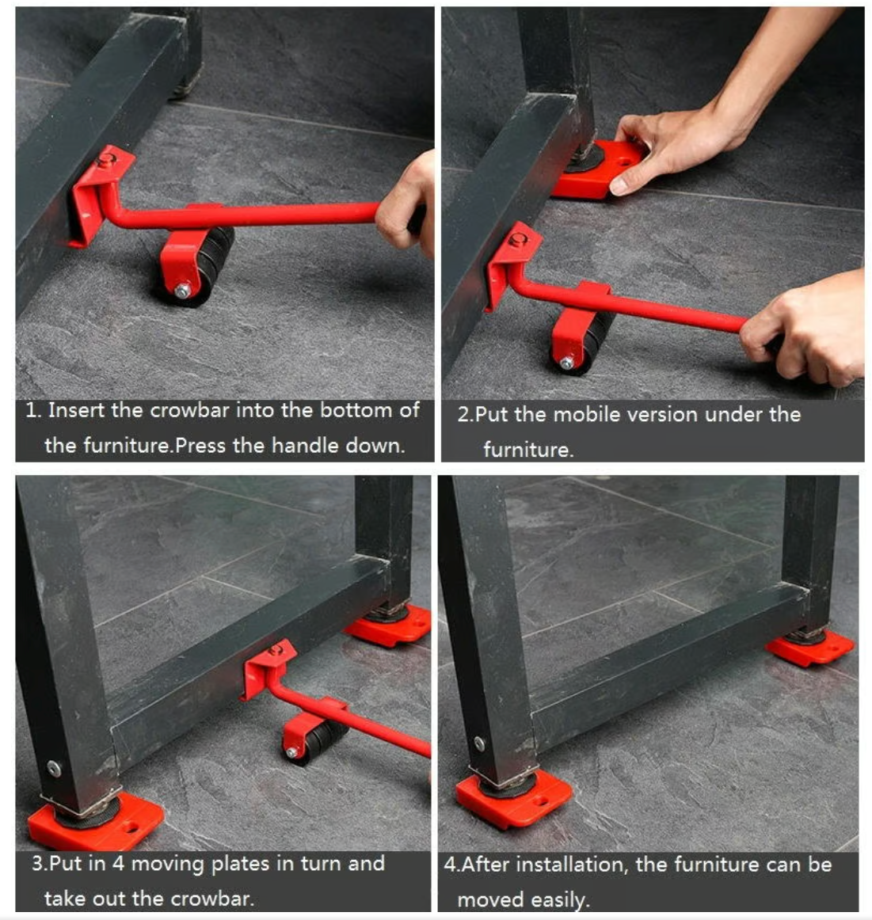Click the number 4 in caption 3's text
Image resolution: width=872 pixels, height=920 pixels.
118,864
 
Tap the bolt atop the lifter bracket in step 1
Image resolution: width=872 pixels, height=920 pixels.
105,159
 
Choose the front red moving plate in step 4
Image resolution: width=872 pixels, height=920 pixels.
512,799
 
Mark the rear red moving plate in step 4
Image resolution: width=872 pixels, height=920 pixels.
810,648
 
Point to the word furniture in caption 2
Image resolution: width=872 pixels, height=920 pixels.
527,450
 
